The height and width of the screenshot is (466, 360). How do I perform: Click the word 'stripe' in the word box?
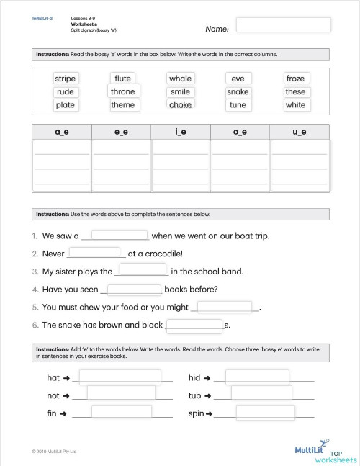[x=65, y=79]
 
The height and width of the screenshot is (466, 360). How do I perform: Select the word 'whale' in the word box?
[x=180, y=79]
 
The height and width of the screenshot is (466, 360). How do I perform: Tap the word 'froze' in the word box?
[x=295, y=79]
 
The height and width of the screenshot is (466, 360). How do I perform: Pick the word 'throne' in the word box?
[x=122, y=91]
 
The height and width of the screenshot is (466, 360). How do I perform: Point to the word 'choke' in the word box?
[x=180, y=104]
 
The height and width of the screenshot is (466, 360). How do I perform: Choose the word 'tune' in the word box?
[x=238, y=104]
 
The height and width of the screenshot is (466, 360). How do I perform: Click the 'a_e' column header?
[x=63, y=132]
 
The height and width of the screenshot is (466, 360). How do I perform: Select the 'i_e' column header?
[x=181, y=132]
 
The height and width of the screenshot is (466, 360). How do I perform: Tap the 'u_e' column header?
[x=299, y=132]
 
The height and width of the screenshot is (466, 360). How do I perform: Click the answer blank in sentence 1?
[x=119, y=235]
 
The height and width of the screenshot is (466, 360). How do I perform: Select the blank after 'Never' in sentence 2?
[x=94, y=252]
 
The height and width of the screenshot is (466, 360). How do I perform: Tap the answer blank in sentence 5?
[x=225, y=306]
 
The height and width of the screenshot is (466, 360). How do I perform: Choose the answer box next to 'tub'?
[x=261, y=395]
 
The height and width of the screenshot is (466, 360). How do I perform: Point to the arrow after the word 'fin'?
[x=63, y=413]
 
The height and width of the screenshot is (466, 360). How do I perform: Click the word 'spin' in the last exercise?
[x=196, y=413]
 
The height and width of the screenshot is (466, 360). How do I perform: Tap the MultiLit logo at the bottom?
[x=312, y=449]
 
